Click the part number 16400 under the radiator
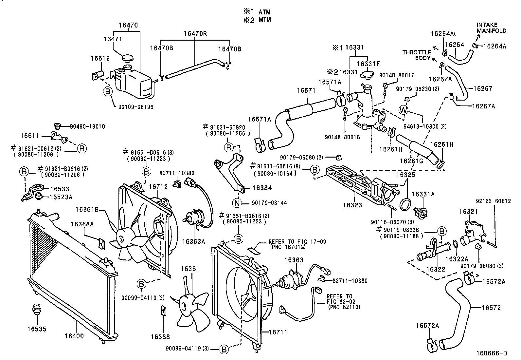point(74,336)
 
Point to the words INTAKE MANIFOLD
point(492,28)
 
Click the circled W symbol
point(403,110)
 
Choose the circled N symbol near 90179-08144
point(237,203)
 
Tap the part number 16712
point(158,187)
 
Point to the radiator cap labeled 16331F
point(367,74)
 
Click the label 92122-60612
point(493,201)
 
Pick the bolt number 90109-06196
point(136,107)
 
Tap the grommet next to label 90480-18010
point(57,126)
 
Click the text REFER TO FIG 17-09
point(297,242)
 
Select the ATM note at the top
point(264,12)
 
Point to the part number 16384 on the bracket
point(262,188)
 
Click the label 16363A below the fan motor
point(193,241)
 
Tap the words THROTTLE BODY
point(417,55)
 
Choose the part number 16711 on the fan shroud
point(278,332)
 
